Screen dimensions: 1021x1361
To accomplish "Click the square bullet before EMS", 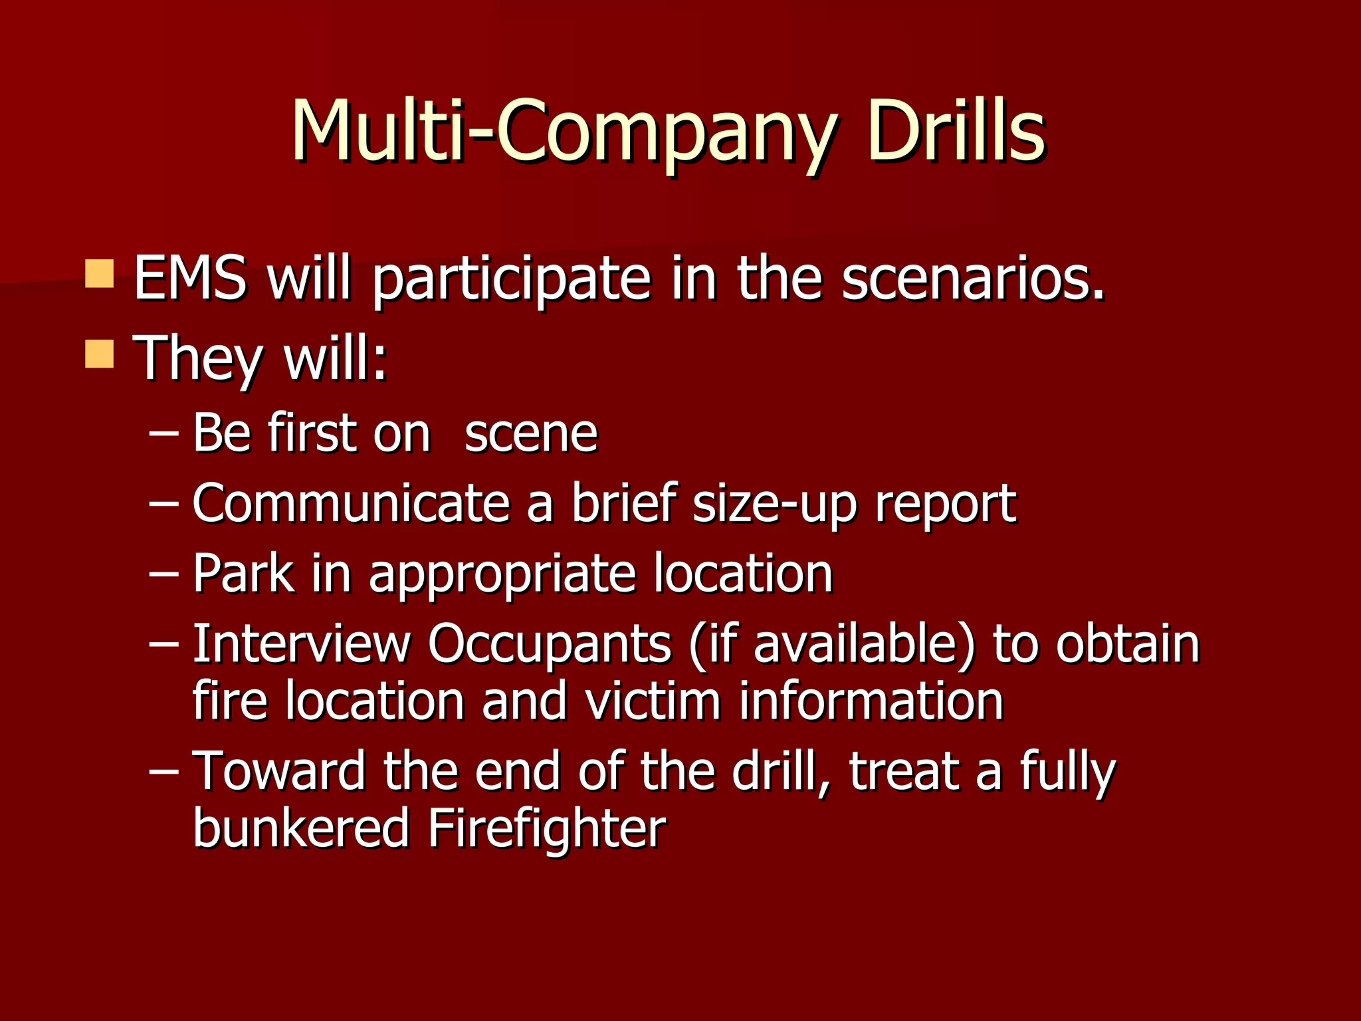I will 100,274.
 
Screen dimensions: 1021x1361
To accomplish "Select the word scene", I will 531,435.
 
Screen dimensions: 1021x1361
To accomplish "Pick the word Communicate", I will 351,503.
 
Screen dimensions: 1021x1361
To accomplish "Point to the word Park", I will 243,573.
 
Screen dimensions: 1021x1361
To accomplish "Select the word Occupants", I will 550,645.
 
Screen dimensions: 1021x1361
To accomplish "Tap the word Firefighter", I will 546,829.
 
